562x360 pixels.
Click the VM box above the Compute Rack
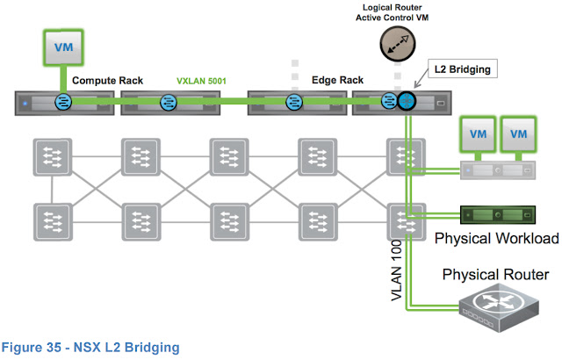[63, 47]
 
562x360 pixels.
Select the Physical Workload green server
[497, 215]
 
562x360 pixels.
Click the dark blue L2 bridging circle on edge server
[406, 103]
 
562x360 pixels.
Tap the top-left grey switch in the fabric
[51, 158]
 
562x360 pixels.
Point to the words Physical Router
[496, 275]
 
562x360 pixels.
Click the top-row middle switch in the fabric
[227, 158]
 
